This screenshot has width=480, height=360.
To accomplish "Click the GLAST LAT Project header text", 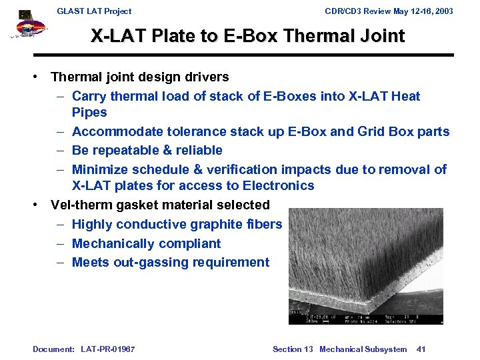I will [x=94, y=11].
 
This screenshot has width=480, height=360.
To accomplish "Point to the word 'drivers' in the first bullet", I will [x=205, y=77].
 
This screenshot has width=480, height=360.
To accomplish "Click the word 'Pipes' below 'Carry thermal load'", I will [x=89, y=113].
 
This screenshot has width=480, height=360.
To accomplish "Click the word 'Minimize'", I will [x=99, y=169].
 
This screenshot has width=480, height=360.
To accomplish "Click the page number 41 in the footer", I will [x=421, y=349].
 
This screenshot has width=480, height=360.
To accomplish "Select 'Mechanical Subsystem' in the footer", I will [x=363, y=349].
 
